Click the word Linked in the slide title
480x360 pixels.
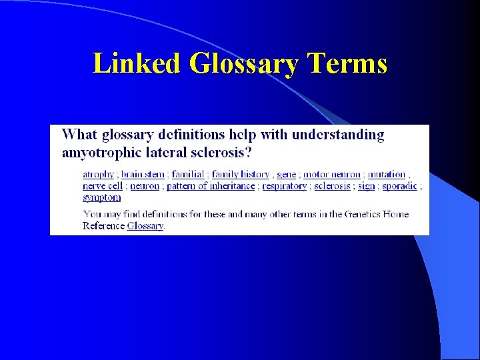pyautogui.click(x=137, y=64)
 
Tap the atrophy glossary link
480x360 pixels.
pyautogui.click(x=98, y=175)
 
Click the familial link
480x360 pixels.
pyautogui.click(x=188, y=175)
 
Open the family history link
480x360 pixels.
pyautogui.click(x=241, y=175)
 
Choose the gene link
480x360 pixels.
pyautogui.click(x=287, y=175)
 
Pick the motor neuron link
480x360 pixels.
pyautogui.click(x=332, y=175)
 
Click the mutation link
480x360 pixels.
pyautogui.click(x=387, y=175)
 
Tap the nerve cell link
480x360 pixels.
pyautogui.click(x=103, y=186)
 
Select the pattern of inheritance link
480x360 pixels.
pyautogui.click(x=211, y=186)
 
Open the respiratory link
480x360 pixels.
pyautogui.click(x=285, y=186)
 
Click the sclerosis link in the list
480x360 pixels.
pyautogui.click(x=332, y=186)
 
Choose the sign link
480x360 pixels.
pyautogui.click(x=367, y=186)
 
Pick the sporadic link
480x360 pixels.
pyautogui.click(x=400, y=186)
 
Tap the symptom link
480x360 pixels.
pyautogui.click(x=102, y=197)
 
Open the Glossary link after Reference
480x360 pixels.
pyautogui.click(x=145, y=226)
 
